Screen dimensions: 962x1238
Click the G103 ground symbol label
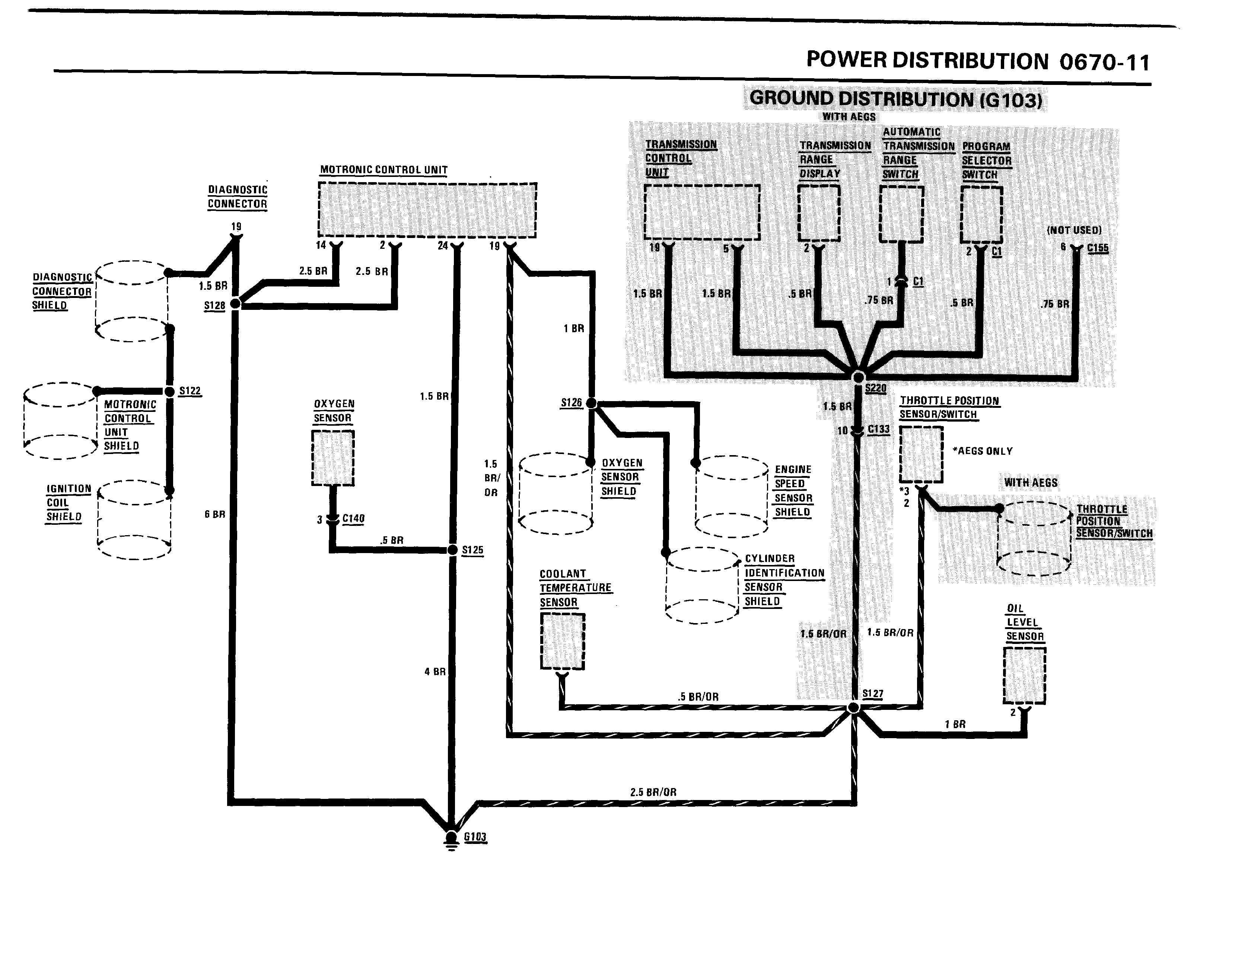pos(475,837)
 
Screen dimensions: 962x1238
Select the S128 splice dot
pos(236,304)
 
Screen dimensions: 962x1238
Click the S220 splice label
pos(875,388)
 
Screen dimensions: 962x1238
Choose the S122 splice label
pos(190,391)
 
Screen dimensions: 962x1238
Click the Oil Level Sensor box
pos(1024,676)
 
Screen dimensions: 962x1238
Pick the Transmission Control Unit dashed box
pos(702,212)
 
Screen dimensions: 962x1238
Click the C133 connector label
pos(879,429)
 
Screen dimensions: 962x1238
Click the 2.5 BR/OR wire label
pos(653,792)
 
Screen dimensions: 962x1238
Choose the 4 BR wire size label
pos(435,672)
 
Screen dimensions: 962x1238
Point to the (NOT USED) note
pos(1073,230)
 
